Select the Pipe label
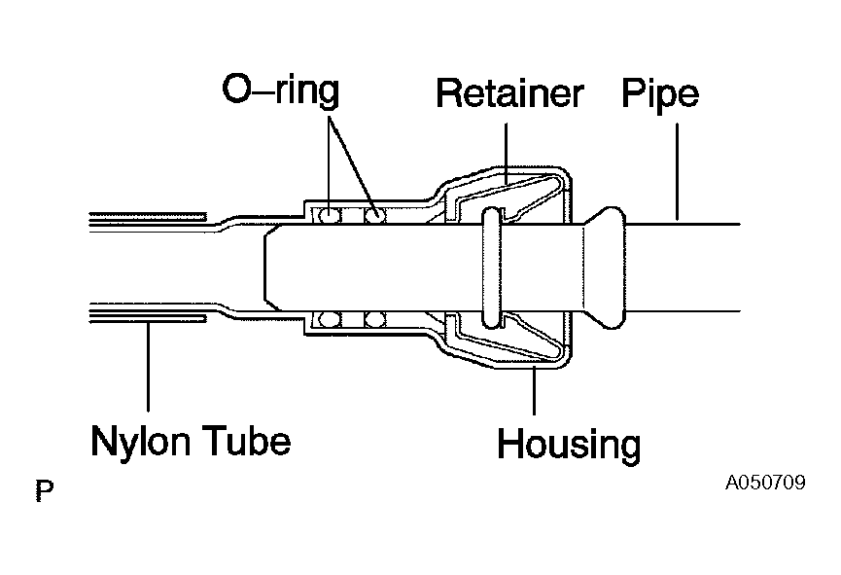(x=660, y=95)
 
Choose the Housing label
(x=569, y=445)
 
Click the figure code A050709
(x=765, y=483)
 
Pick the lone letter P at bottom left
(x=45, y=489)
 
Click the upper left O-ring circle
(x=329, y=215)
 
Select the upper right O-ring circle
(x=375, y=215)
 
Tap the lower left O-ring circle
(x=329, y=319)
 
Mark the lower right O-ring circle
(x=375, y=319)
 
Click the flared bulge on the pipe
(x=605, y=268)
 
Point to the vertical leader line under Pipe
(x=677, y=172)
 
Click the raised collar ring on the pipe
(x=492, y=268)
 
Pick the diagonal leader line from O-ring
(x=352, y=164)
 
